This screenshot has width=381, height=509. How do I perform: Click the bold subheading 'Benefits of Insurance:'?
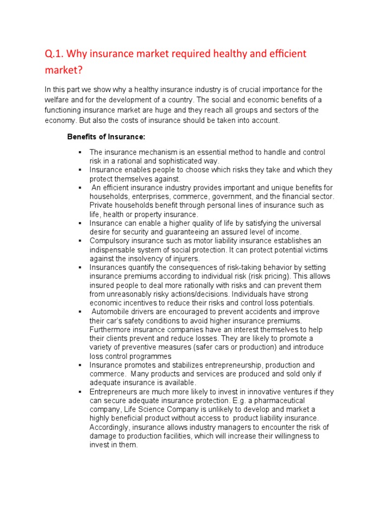point(106,137)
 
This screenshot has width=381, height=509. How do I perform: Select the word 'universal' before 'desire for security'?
point(302,223)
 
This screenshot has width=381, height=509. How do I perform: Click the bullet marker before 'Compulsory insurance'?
point(79,241)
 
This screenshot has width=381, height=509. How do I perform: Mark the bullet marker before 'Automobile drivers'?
point(79,312)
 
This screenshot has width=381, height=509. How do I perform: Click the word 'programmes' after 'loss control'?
point(149,356)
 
